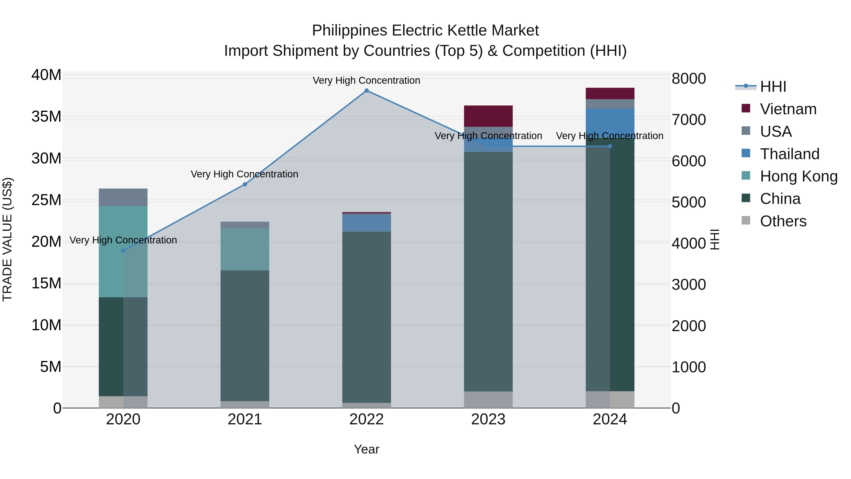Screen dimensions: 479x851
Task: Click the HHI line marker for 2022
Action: [366, 91]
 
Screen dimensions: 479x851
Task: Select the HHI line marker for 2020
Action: [123, 251]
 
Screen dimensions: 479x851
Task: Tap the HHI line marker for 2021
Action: [245, 185]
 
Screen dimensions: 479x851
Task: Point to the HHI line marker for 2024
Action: [610, 146]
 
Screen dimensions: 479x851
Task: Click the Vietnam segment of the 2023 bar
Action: [488, 116]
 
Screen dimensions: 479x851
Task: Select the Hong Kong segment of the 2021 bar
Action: [245, 249]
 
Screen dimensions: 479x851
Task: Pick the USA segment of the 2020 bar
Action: [123, 197]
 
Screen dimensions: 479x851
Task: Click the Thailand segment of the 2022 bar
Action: [366, 223]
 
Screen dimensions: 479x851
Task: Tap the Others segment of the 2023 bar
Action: [488, 400]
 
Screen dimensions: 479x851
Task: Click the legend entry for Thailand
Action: [790, 154]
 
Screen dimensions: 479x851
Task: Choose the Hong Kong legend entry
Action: [799, 176]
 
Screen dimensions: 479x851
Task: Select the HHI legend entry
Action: [773, 87]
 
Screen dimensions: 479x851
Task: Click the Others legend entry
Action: [783, 221]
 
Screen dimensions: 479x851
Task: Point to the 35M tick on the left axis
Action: [46, 117]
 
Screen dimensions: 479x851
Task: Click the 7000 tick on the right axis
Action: [689, 120]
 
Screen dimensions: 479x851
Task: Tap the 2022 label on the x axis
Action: [366, 419]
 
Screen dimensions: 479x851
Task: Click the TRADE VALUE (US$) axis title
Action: [7, 239]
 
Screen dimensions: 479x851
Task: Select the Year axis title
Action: [366, 449]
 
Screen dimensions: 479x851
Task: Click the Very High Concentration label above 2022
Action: [366, 80]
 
